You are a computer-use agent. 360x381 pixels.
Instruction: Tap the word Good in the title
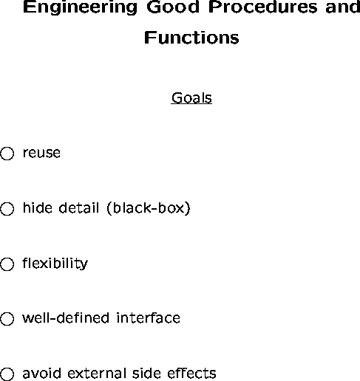pyautogui.click(x=173, y=7)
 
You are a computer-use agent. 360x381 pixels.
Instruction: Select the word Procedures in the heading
pyautogui.click(x=262, y=7)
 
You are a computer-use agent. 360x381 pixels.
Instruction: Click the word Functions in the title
pyautogui.click(x=191, y=38)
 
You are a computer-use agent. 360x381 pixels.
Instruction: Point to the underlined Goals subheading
pyautogui.click(x=191, y=98)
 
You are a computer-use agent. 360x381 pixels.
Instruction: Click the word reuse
pyautogui.click(x=41, y=153)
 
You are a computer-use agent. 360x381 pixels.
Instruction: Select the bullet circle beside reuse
pyautogui.click(x=7, y=154)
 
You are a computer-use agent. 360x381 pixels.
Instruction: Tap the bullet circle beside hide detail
pyautogui.click(x=7, y=209)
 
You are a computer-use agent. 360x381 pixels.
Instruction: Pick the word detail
pyautogui.click(x=79, y=207)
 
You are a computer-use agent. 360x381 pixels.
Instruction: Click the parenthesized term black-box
pyautogui.click(x=149, y=208)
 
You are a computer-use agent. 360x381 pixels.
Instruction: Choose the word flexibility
pyautogui.click(x=55, y=264)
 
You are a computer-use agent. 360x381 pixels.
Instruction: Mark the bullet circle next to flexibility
pyautogui.click(x=7, y=264)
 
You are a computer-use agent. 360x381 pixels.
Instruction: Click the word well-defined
pyautogui.click(x=66, y=317)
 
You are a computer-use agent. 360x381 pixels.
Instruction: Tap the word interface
pyautogui.click(x=148, y=317)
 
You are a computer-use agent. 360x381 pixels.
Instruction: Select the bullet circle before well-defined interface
pyautogui.click(x=7, y=319)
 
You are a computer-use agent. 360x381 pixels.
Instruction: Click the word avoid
pyautogui.click(x=41, y=373)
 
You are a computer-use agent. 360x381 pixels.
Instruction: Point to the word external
pyautogui.click(x=96, y=373)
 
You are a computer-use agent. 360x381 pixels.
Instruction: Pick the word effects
pyautogui.click(x=191, y=373)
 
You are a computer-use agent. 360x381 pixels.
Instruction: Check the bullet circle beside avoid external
pyautogui.click(x=7, y=374)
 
